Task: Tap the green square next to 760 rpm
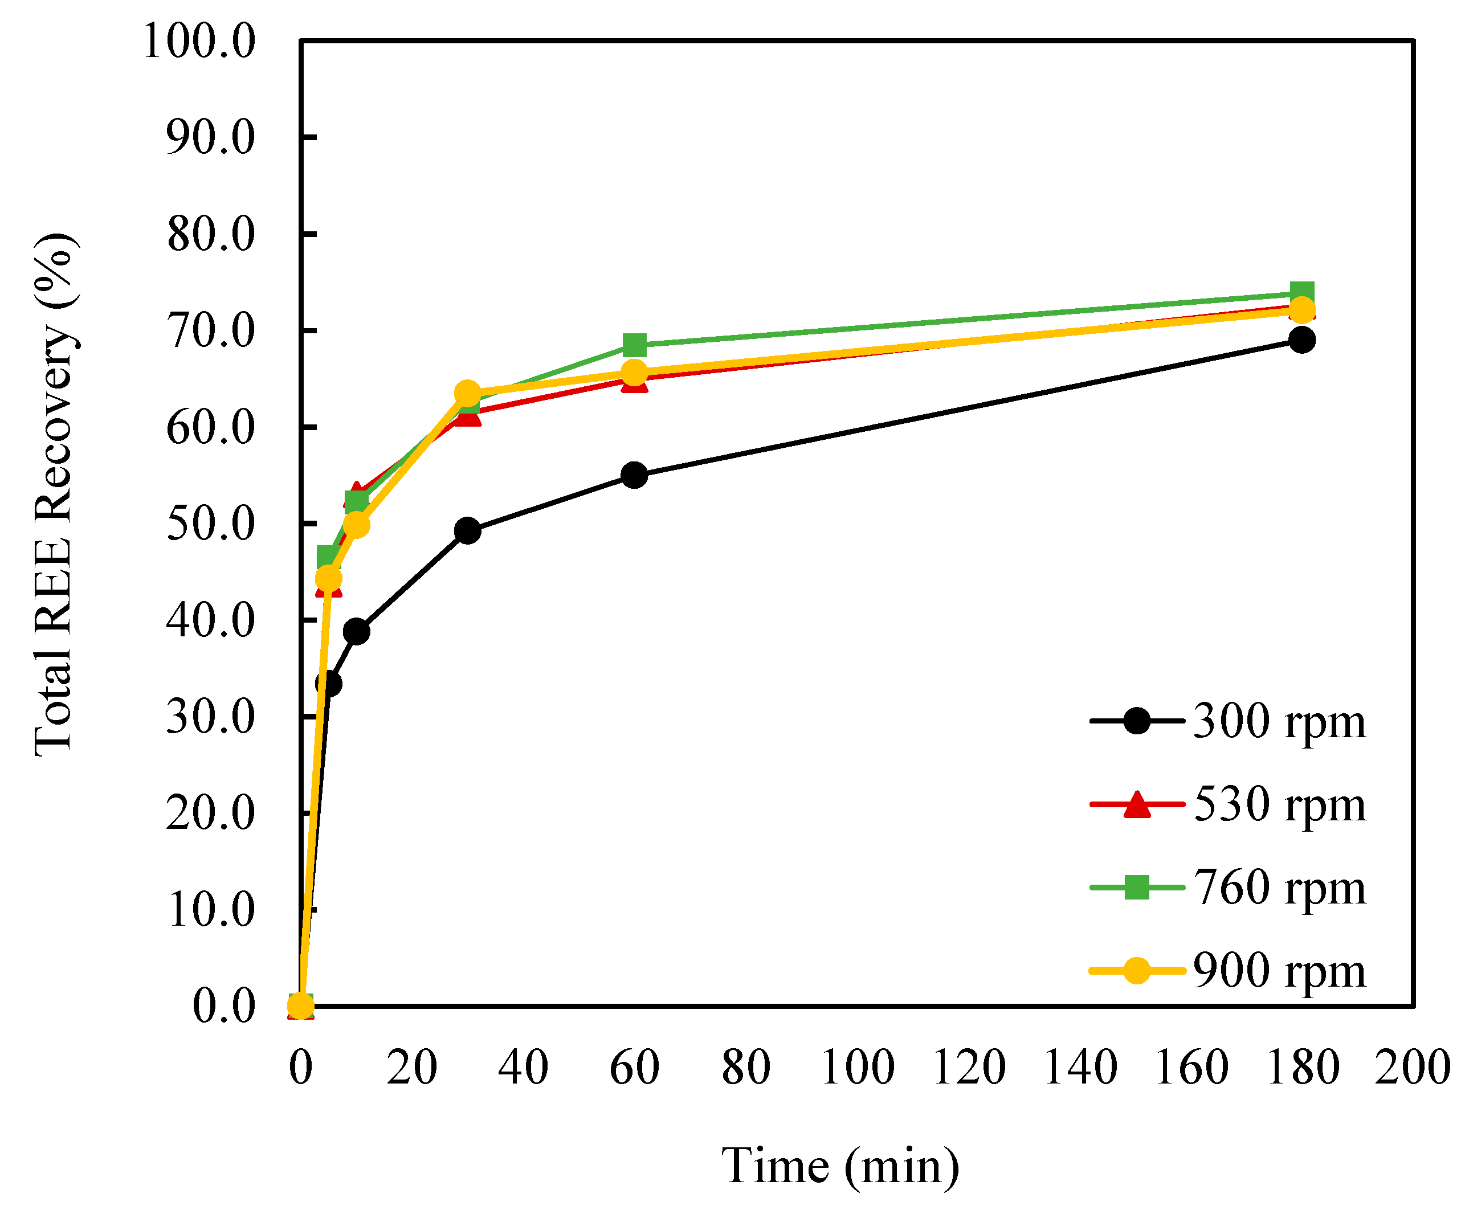coord(1136,887)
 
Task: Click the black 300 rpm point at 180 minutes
coord(1301,340)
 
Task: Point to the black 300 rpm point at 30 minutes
coord(467,531)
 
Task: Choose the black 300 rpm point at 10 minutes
coord(356,631)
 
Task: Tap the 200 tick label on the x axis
coord(1412,1067)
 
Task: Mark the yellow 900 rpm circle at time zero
coord(300,1005)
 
